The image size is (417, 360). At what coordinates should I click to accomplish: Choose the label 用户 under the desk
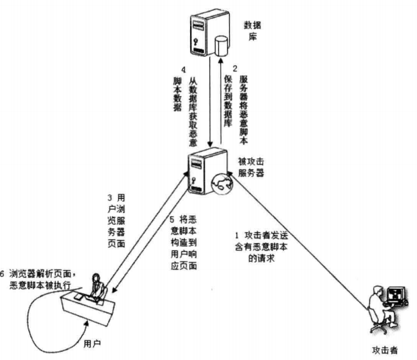point(93,344)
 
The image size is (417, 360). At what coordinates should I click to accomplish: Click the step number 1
point(236,234)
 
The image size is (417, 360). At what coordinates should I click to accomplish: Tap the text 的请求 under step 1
point(262,258)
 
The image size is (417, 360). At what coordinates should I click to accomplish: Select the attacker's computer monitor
point(396,296)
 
